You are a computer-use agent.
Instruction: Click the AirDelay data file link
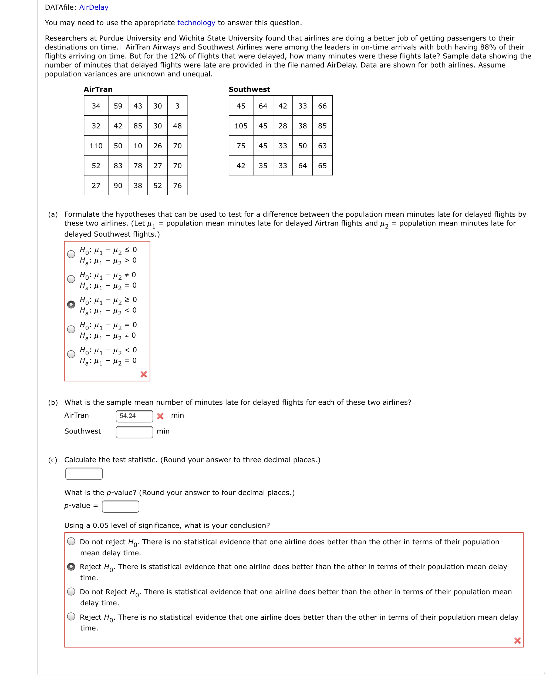pos(94,7)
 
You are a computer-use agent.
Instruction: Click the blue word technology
pos(196,23)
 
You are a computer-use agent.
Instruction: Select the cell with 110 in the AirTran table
pos(96,146)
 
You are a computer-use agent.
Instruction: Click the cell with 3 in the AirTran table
pos(177,106)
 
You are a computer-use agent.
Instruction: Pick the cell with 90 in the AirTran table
pos(118,185)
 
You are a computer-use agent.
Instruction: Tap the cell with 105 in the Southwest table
pos(241,126)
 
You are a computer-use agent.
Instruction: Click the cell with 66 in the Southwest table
pos(322,106)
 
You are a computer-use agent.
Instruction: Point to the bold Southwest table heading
pos(249,89)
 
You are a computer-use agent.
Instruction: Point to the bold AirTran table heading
pos(98,89)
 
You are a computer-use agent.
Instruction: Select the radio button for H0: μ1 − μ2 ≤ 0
pos(71,254)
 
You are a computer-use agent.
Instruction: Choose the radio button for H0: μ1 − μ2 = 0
pos(71,329)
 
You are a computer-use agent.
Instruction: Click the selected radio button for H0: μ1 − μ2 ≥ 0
pos(71,304)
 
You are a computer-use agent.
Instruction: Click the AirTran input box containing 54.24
pos(134,416)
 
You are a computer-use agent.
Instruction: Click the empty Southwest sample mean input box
pos(134,432)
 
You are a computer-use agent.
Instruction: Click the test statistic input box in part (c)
pos(84,474)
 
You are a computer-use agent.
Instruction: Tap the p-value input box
pos(120,506)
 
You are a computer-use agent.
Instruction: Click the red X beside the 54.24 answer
pos(160,416)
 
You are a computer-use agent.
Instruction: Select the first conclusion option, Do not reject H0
pos(71,541)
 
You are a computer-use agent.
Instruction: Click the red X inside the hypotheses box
pos(144,374)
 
